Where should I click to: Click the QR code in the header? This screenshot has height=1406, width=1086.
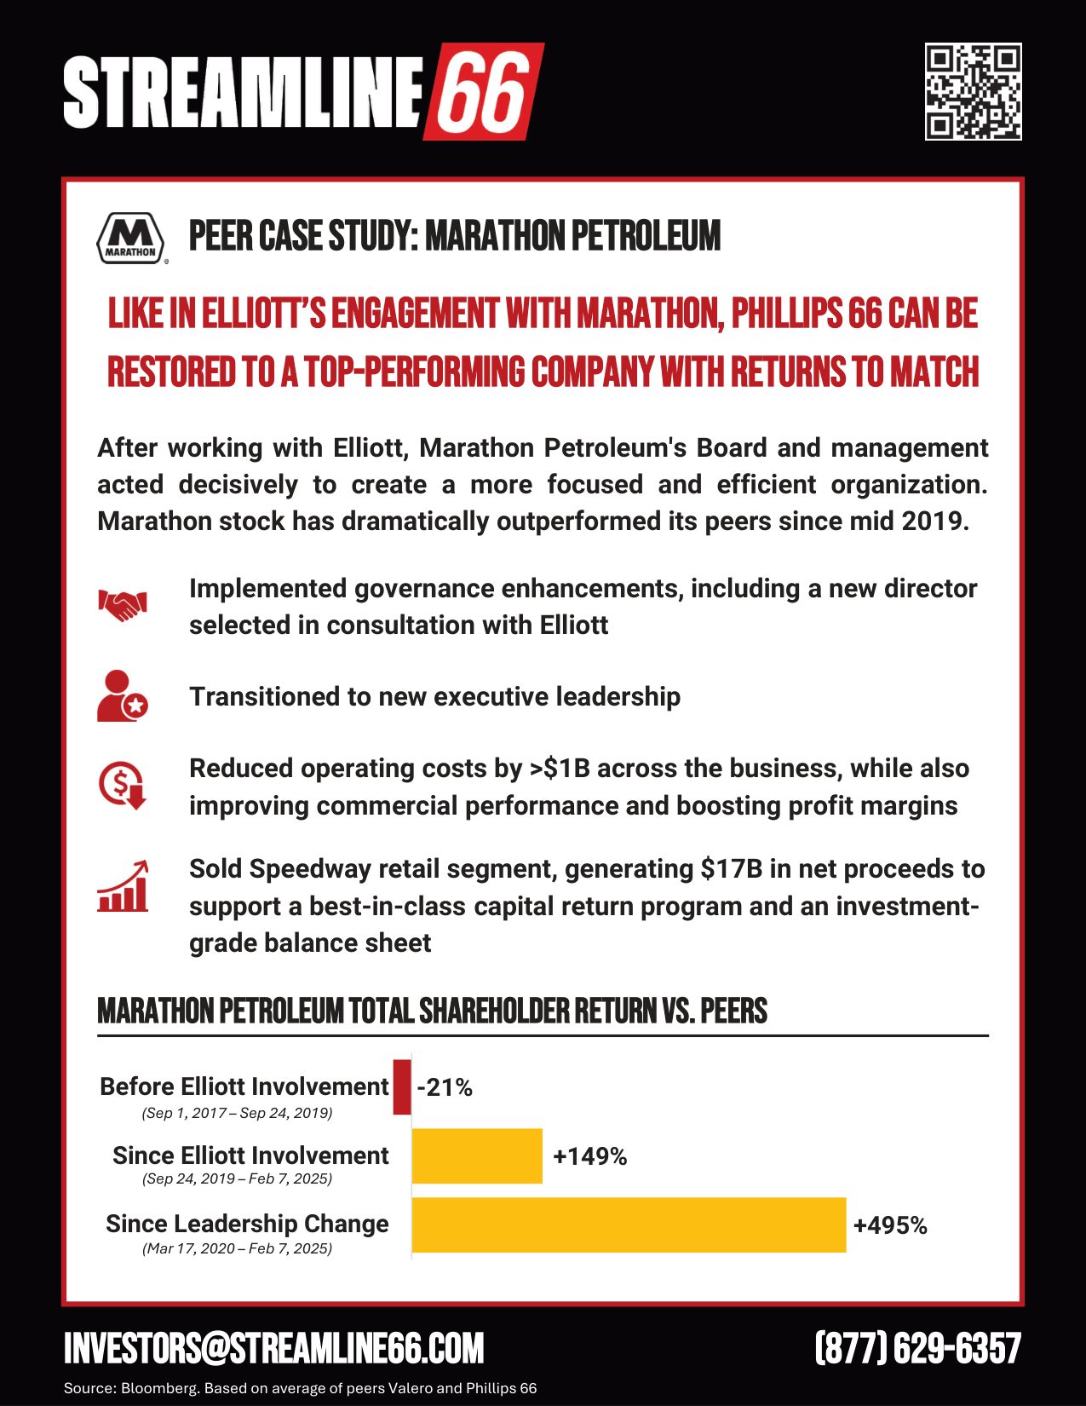pyautogui.click(x=973, y=91)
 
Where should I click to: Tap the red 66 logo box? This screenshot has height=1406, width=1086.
pyautogui.click(x=483, y=91)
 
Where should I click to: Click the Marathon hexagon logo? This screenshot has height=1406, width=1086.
pyautogui.click(x=130, y=238)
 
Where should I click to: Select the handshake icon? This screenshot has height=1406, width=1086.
pyautogui.click(x=123, y=605)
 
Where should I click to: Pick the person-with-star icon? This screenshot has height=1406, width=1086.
pyautogui.click(x=122, y=696)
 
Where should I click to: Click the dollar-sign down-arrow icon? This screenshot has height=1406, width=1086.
pyautogui.click(x=123, y=785)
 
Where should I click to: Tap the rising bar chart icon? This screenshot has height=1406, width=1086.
pyautogui.click(x=123, y=887)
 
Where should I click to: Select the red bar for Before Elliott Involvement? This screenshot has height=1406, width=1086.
pyautogui.click(x=402, y=1086)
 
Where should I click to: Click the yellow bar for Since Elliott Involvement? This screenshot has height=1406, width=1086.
pyautogui.click(x=477, y=1155)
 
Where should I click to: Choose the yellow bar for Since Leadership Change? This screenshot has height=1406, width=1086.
pyautogui.click(x=629, y=1224)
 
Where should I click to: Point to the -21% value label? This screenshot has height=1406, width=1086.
pyautogui.click(x=445, y=1087)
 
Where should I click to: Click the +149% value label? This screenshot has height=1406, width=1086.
pyautogui.click(x=589, y=1156)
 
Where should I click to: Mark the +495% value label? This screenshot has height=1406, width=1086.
pyautogui.click(x=890, y=1225)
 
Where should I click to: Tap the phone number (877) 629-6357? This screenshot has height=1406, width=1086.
pyautogui.click(x=917, y=1348)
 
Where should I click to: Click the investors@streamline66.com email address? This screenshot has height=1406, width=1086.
pyautogui.click(x=274, y=1348)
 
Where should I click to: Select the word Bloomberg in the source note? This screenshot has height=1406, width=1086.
pyautogui.click(x=158, y=1388)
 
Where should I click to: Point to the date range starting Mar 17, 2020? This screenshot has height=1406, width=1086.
pyautogui.click(x=237, y=1248)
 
